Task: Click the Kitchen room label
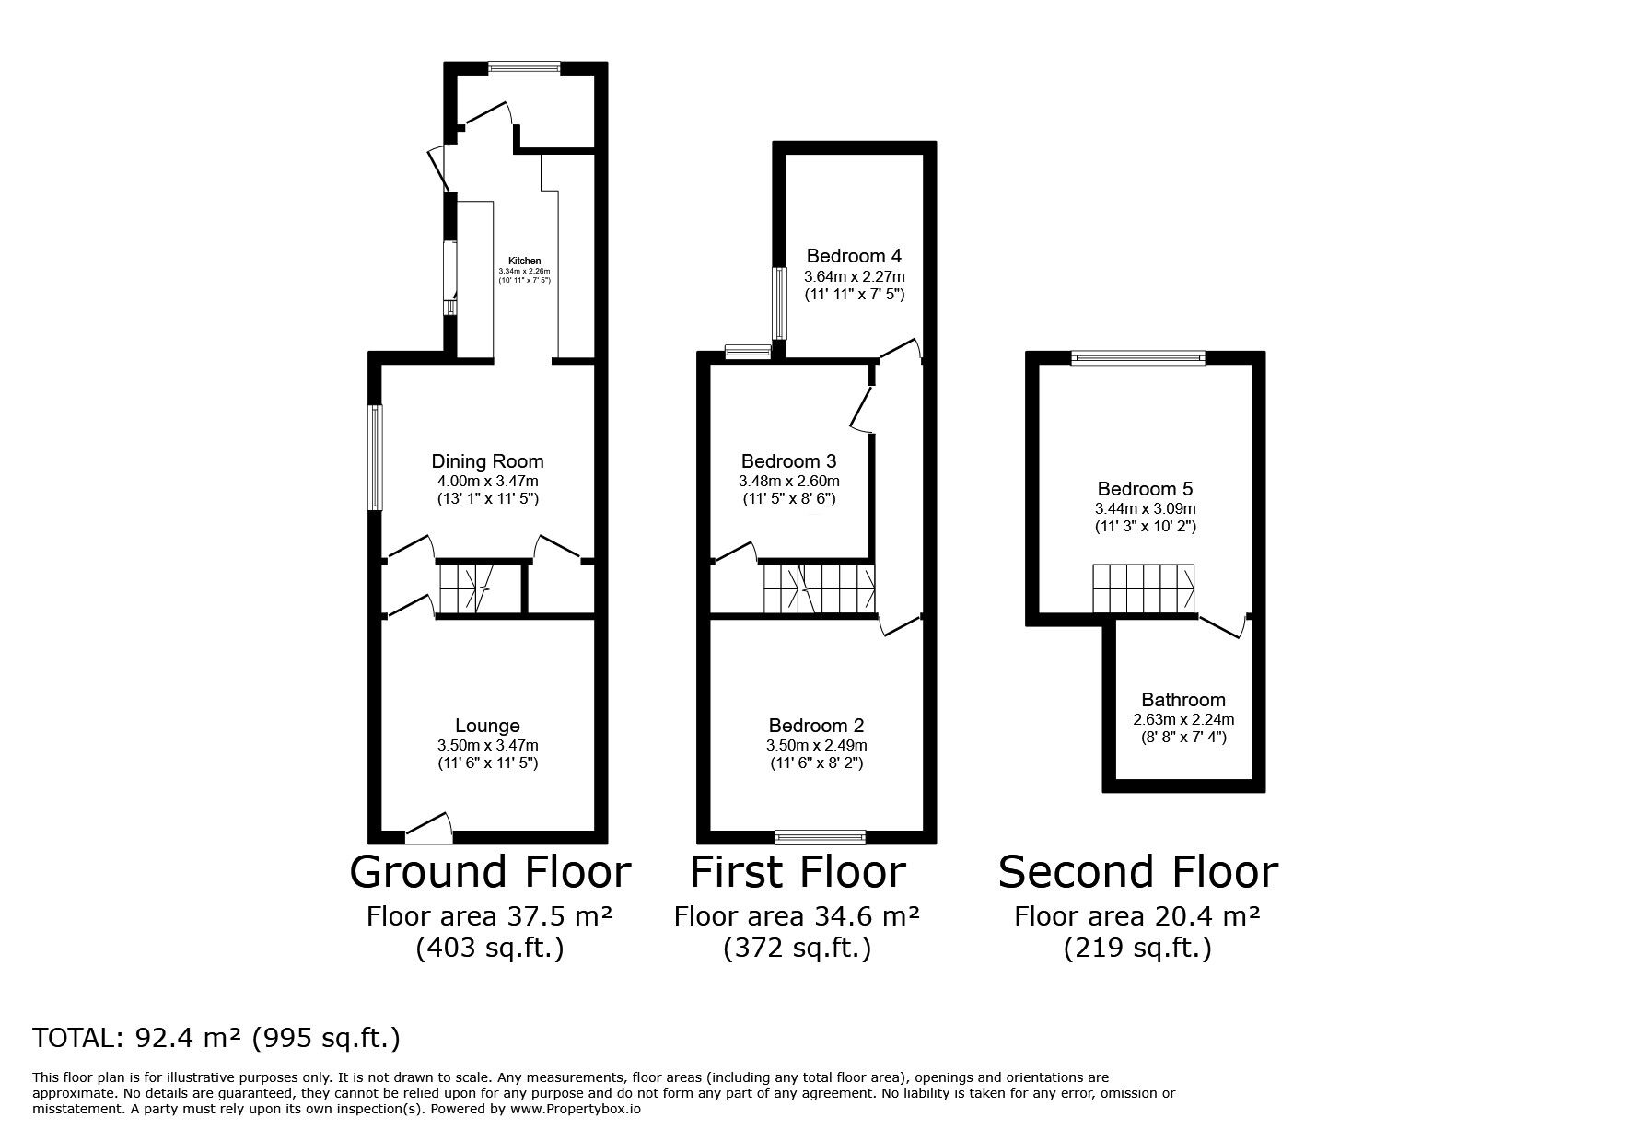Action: (x=525, y=261)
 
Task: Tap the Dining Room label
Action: (x=487, y=461)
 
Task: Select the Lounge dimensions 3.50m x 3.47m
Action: (x=487, y=745)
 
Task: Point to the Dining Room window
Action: (x=376, y=458)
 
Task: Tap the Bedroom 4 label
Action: (x=854, y=256)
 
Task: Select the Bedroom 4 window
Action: (x=779, y=303)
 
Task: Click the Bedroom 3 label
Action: (x=788, y=461)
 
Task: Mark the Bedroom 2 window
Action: (x=820, y=836)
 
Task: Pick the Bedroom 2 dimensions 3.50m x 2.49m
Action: (x=816, y=745)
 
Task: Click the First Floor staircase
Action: (x=819, y=589)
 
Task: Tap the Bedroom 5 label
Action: (x=1145, y=489)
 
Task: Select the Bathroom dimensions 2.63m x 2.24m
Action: (x=1183, y=719)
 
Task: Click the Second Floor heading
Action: (x=1137, y=872)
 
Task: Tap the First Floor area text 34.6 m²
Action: (x=797, y=916)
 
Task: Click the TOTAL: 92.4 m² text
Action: (x=216, y=1038)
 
